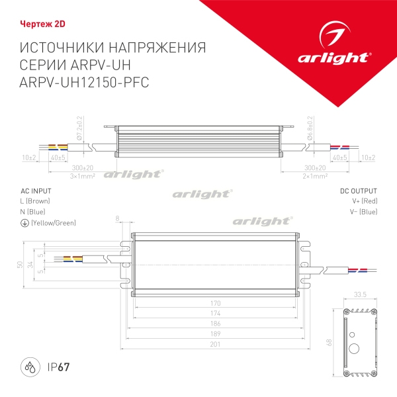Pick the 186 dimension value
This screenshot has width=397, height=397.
[216, 322]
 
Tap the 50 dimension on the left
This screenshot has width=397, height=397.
[19, 265]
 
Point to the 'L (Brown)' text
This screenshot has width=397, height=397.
[35, 200]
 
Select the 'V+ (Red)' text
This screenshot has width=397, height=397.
[365, 200]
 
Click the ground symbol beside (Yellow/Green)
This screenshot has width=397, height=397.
[24, 223]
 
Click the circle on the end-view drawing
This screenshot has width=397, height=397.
[354, 348]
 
